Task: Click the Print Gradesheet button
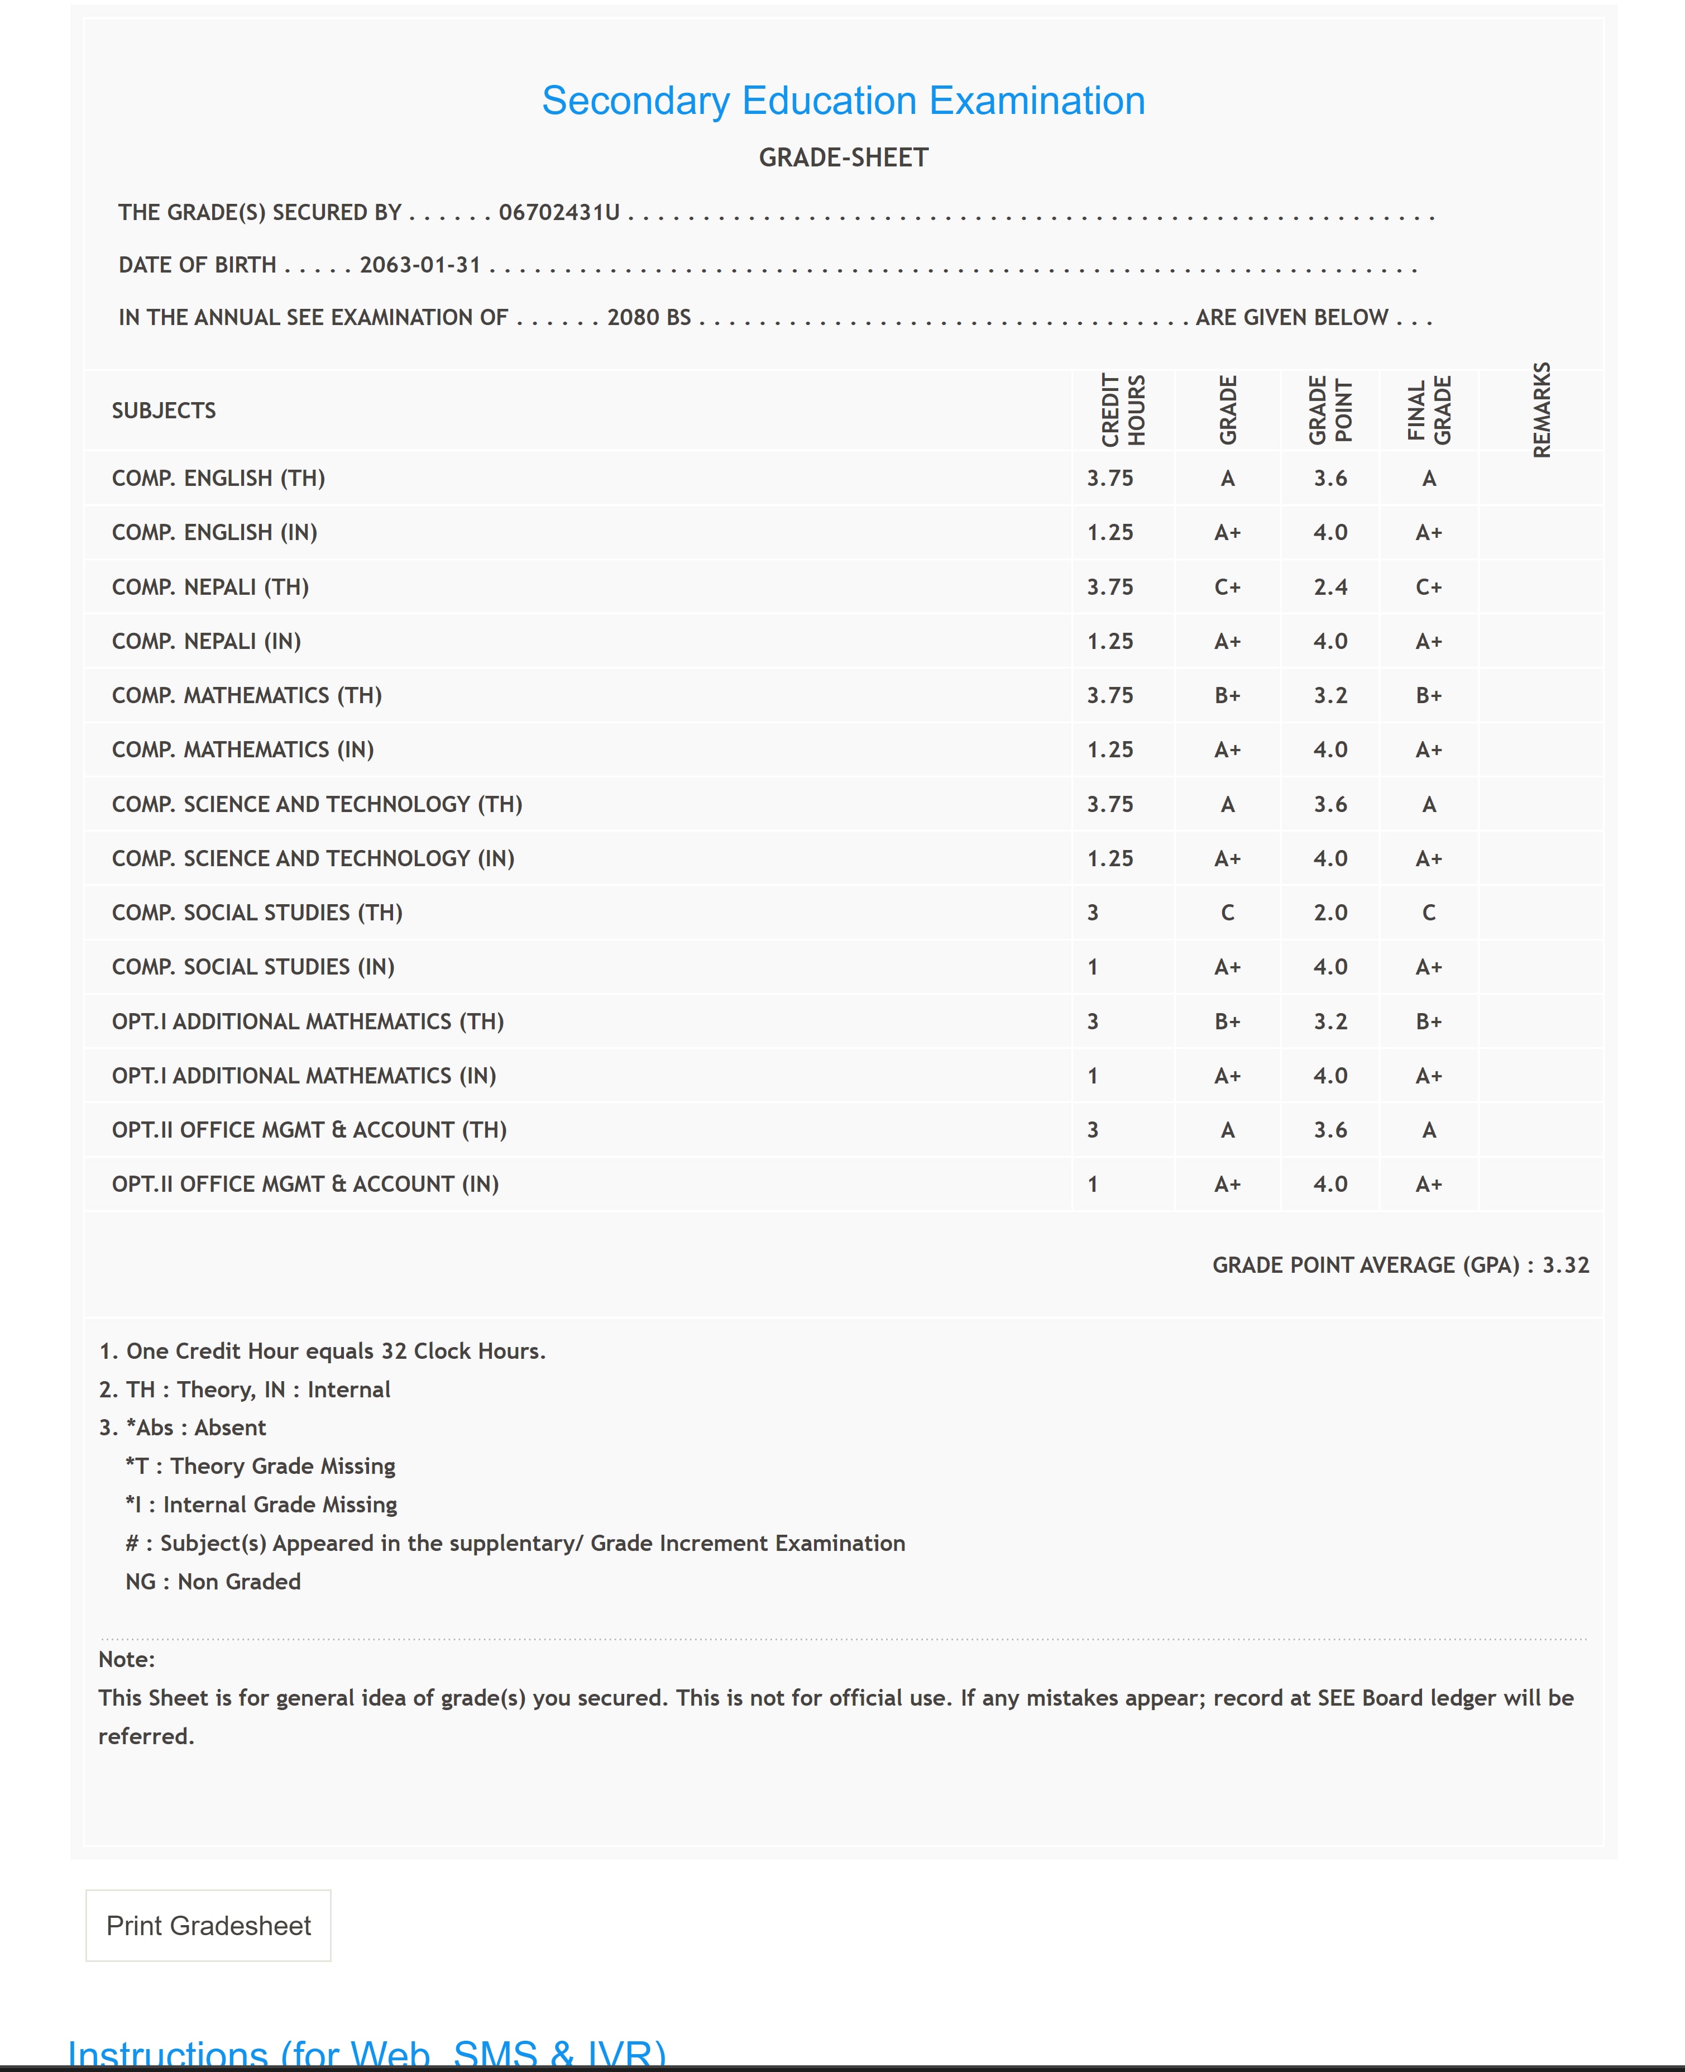point(209,1925)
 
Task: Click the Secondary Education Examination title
point(842,101)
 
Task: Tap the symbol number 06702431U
point(559,213)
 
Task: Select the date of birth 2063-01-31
point(420,265)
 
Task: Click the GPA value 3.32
point(1566,1265)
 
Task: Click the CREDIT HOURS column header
point(1123,410)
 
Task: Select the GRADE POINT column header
point(1330,410)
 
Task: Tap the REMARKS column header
point(1542,410)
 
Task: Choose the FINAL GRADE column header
point(1429,410)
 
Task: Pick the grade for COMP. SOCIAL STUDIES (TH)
point(1228,913)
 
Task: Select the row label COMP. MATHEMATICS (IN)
point(243,749)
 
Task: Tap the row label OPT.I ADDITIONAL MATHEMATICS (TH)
point(308,1021)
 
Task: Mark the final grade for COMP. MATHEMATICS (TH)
point(1429,695)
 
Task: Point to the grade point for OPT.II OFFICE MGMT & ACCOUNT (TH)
point(1330,1130)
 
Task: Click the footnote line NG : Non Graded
point(213,1582)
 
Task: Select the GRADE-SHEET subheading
point(842,158)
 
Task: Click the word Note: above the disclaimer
point(126,1659)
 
